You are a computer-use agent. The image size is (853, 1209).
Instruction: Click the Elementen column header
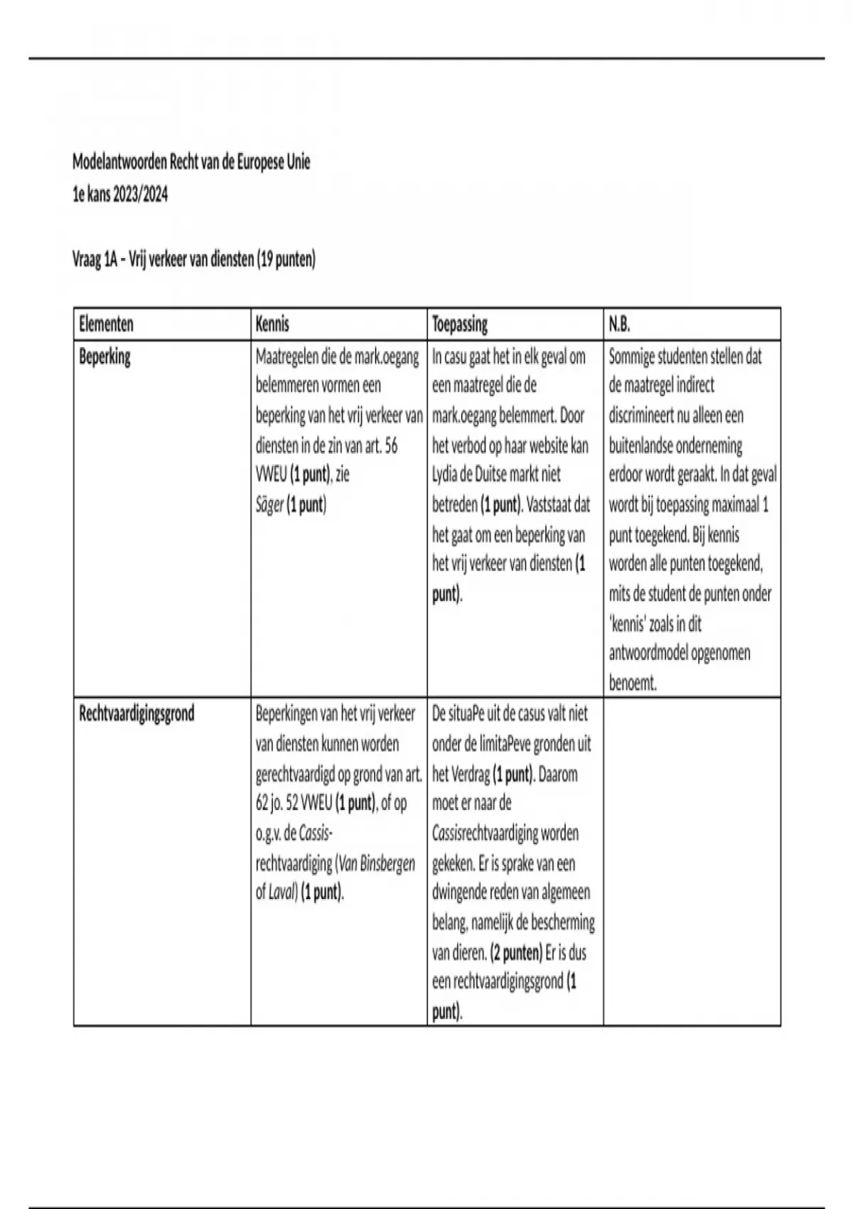pyautogui.click(x=106, y=324)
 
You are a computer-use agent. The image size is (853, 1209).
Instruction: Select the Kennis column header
pyautogui.click(x=272, y=324)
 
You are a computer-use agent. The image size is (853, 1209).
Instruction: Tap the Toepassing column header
pyautogui.click(x=460, y=324)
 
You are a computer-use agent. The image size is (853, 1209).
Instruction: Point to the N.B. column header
pyautogui.click(x=619, y=324)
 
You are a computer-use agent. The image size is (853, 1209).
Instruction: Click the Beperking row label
pyautogui.click(x=104, y=356)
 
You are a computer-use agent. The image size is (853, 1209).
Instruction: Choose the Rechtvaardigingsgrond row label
pyautogui.click(x=136, y=713)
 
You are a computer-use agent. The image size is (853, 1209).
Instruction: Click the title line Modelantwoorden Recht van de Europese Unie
pyautogui.click(x=191, y=162)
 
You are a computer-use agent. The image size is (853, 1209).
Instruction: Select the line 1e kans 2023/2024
pyautogui.click(x=120, y=193)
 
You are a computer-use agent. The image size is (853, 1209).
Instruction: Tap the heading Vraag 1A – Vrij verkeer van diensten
pyautogui.click(x=193, y=259)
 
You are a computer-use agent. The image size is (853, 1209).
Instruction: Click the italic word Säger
pyautogui.click(x=269, y=505)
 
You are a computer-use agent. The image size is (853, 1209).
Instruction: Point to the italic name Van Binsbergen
pyautogui.click(x=377, y=863)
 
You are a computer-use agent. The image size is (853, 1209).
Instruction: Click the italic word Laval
pyautogui.click(x=281, y=893)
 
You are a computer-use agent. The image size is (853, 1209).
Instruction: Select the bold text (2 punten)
pyautogui.click(x=516, y=952)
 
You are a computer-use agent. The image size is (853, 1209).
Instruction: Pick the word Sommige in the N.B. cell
pyautogui.click(x=632, y=356)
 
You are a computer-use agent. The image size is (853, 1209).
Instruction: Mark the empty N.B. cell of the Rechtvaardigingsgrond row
pyautogui.click(x=692, y=861)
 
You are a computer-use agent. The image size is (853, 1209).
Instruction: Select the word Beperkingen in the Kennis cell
pyautogui.click(x=286, y=713)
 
